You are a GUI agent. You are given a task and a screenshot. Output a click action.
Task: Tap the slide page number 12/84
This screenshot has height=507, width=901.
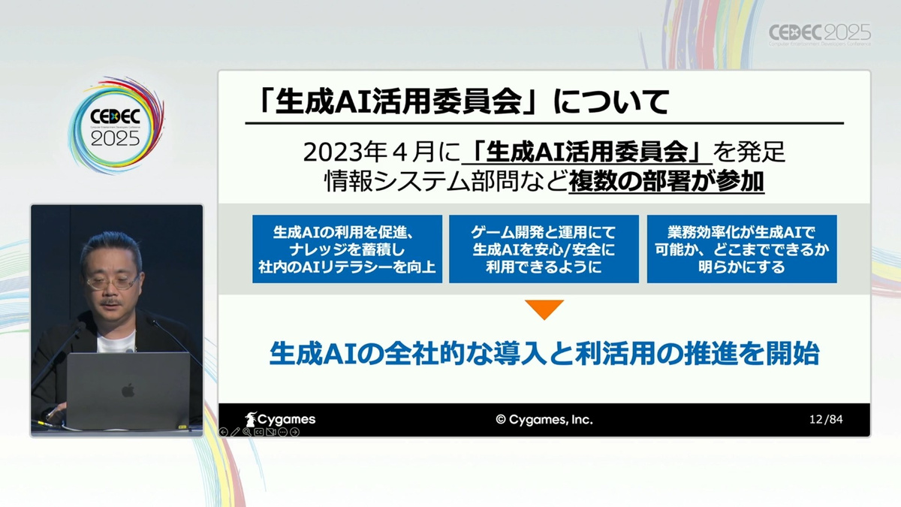click(x=826, y=419)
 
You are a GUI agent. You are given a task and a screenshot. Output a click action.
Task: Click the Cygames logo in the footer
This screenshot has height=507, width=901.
click(x=280, y=419)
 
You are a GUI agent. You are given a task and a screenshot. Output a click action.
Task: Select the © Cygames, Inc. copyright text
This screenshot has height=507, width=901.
click(x=544, y=420)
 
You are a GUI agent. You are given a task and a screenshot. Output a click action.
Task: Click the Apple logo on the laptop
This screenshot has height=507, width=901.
click(x=128, y=390)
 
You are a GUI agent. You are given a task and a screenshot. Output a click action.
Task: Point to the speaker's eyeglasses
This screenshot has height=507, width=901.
click(x=111, y=282)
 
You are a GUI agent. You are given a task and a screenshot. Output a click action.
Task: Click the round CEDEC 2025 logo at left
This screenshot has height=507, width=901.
click(x=116, y=125)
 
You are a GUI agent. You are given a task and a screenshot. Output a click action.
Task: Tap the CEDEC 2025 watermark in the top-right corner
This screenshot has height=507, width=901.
click(x=819, y=35)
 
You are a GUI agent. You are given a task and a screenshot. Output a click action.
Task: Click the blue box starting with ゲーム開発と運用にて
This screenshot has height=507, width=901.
click(x=544, y=249)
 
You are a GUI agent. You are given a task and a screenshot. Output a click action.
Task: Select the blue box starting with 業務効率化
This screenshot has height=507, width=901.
click(x=742, y=249)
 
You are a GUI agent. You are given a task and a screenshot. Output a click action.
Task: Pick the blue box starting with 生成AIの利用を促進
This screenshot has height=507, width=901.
click(x=347, y=249)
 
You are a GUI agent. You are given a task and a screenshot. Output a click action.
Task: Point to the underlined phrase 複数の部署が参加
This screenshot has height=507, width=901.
click(x=666, y=182)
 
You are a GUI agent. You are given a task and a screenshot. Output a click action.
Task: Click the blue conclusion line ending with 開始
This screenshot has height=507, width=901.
click(x=544, y=354)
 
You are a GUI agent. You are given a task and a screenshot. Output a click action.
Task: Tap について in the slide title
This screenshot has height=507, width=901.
click(x=611, y=101)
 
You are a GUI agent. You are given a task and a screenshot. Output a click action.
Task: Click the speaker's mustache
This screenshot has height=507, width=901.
click(x=110, y=302)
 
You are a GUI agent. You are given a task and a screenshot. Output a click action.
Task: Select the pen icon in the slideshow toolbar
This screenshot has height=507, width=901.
click(x=235, y=432)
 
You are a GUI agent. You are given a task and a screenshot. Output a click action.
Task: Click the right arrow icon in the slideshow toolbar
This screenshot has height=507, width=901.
click(x=295, y=432)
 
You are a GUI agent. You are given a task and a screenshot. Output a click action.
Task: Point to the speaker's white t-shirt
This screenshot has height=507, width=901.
click(x=116, y=343)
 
